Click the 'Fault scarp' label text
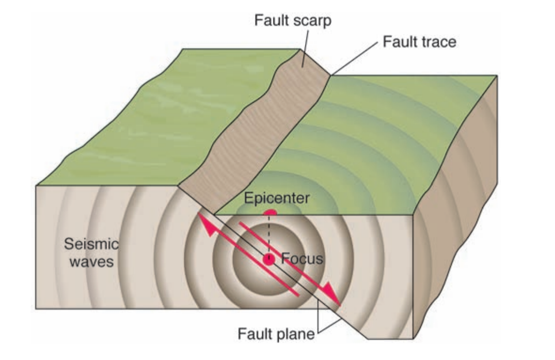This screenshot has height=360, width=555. click(x=293, y=21)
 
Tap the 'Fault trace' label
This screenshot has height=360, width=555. click(x=419, y=42)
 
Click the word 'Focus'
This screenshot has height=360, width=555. click(x=302, y=258)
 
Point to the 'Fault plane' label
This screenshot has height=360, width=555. click(x=275, y=335)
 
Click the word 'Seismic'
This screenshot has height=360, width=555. click(x=91, y=244)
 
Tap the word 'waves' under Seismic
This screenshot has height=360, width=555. click(x=92, y=261)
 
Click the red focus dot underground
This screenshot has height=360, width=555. click(x=269, y=259)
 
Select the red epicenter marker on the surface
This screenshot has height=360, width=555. click(x=269, y=213)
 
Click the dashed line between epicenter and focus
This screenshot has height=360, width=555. click(x=269, y=235)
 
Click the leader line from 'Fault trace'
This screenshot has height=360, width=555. click(x=355, y=59)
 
